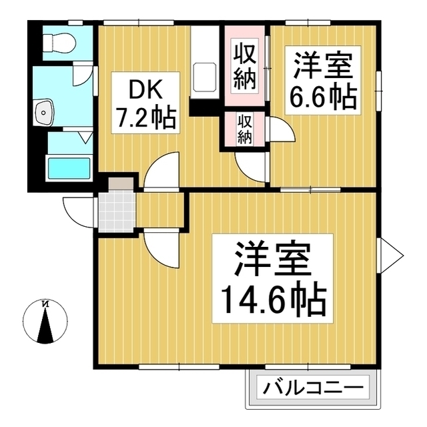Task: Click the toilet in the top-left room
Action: click(x=59, y=42)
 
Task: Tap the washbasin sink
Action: click(x=45, y=113)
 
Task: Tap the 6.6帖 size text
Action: click(x=322, y=98)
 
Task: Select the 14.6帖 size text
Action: click(x=270, y=301)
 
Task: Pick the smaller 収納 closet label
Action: click(x=244, y=130)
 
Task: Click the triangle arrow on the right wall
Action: click(x=393, y=254)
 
